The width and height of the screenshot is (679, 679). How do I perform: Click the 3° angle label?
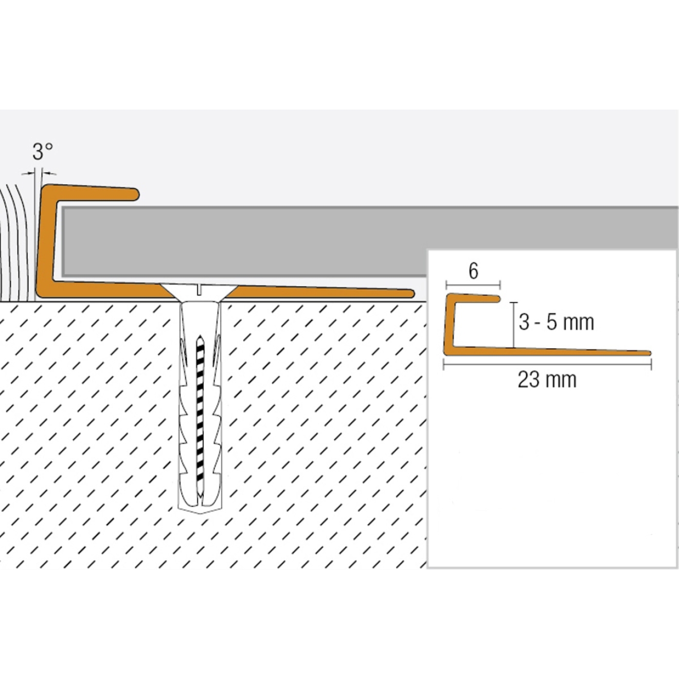coord(43,152)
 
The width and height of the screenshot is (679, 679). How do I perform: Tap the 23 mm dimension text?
coord(547,380)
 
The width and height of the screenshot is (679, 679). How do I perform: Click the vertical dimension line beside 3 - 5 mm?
coord(513,324)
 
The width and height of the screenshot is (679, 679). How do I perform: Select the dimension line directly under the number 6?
coord(473,284)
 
